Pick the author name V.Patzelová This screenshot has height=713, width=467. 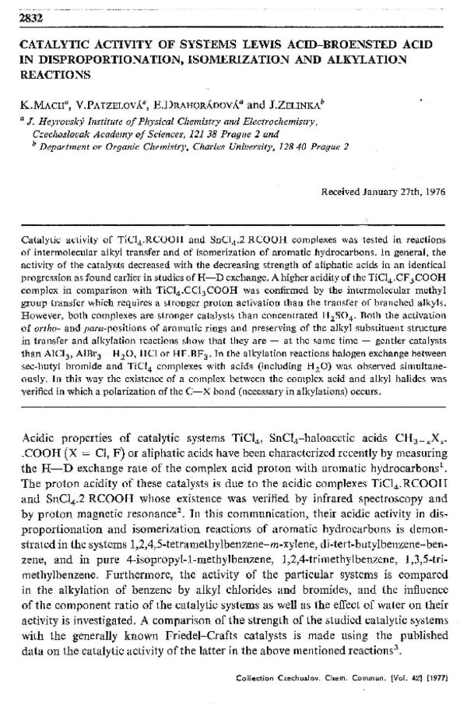pyautogui.click(x=98, y=103)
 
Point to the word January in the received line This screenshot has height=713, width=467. pyautogui.click(x=376, y=191)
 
